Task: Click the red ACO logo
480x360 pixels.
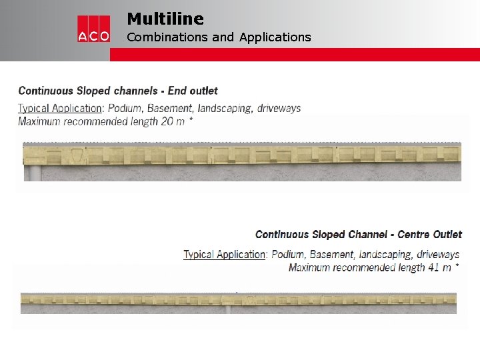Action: (93, 29)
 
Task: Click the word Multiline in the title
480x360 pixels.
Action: (165, 19)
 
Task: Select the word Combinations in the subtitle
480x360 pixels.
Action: (167, 37)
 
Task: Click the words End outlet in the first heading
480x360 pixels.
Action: (193, 91)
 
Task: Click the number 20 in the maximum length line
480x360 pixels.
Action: (169, 121)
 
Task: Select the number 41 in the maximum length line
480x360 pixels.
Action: (433, 267)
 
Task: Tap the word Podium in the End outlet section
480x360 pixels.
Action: (126, 108)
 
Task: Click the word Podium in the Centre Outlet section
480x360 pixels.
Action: (288, 254)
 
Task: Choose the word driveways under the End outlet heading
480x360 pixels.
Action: (278, 108)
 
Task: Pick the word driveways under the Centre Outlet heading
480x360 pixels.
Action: (437, 254)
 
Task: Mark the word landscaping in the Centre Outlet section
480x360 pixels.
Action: (385, 254)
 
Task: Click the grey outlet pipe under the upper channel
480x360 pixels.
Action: (33, 173)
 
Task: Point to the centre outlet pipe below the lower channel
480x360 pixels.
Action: (229, 309)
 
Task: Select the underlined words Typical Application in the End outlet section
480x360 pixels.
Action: (60, 108)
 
